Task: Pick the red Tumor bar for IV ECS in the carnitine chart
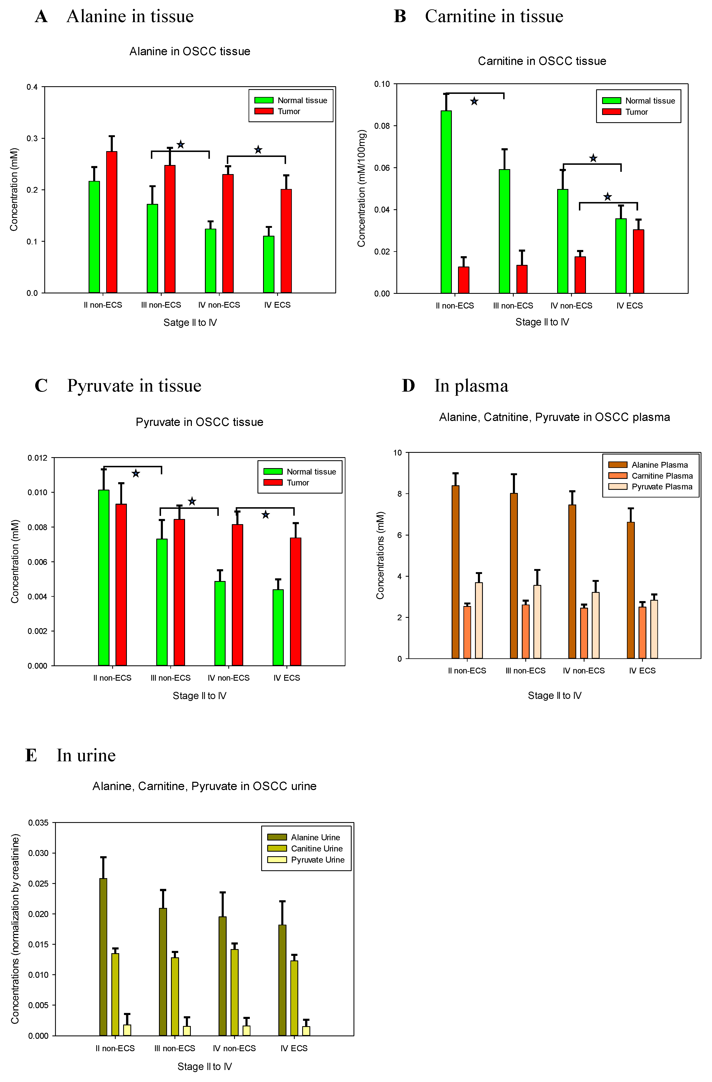click(638, 261)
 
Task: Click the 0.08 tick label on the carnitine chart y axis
click(382, 126)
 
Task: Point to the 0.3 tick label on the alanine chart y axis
click(32, 138)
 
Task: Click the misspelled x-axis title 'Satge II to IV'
click(190, 322)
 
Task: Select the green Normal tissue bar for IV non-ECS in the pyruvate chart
click(220, 623)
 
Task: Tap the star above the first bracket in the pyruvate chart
click(136, 474)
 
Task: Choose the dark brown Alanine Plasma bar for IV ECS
click(631, 590)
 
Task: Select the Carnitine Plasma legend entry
click(662, 476)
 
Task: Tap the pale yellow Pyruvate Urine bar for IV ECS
click(306, 1031)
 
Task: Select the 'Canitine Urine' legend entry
click(317, 848)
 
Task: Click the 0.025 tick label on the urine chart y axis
click(38, 883)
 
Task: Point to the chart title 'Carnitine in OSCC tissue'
click(542, 61)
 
